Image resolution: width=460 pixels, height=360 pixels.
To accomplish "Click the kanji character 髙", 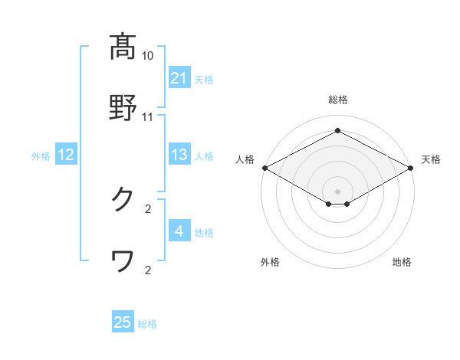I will pos(123,47).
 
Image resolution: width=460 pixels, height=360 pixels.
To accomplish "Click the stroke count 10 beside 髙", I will pos(148,56).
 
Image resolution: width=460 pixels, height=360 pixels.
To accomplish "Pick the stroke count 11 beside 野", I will pos(148,117).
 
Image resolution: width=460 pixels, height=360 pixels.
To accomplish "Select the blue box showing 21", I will pos(179,78).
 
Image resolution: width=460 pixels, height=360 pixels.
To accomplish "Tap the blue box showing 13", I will pos(179,155).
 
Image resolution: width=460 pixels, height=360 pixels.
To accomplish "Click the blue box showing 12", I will pos(66,155).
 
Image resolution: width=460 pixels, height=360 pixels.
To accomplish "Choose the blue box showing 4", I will pos(179,231).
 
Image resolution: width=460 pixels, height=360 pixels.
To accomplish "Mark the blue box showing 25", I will pos(123,322).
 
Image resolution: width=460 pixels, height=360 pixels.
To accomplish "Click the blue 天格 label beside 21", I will pos(204,79).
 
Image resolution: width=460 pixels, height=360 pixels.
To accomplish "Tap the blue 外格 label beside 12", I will pos(41,156).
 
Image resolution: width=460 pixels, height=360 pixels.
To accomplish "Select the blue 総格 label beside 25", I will pos(147,323).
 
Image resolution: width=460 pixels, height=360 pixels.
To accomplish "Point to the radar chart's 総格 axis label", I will pos(337,100).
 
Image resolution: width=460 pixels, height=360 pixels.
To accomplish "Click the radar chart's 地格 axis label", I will pos(402,263).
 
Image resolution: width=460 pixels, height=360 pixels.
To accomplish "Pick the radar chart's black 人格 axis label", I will pos(245,159).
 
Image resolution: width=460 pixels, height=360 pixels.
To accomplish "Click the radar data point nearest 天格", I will pos(412,168).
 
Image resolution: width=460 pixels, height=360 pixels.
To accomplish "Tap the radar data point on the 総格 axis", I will pos(337,131).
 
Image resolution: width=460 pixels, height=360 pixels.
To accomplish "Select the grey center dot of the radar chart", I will pos(337,191).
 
